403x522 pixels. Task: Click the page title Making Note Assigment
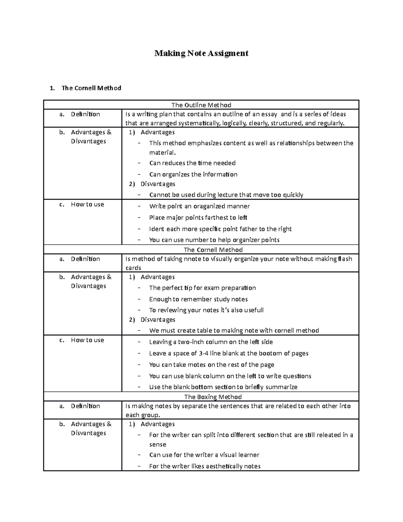point(201,53)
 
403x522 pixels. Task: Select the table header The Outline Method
point(201,105)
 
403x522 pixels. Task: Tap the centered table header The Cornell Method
point(213,250)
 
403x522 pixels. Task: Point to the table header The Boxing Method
point(213,397)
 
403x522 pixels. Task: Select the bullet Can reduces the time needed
point(192,163)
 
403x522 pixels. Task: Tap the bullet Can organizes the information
point(193,174)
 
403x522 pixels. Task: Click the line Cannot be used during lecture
point(226,195)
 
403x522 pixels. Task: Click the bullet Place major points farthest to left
point(198,218)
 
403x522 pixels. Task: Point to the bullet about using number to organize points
point(214,240)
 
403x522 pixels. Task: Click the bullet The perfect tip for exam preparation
point(202,288)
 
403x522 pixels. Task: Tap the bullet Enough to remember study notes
point(198,299)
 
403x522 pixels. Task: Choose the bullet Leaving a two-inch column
point(211,342)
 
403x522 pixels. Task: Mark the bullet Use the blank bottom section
point(223,387)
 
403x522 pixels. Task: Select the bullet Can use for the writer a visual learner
point(204,455)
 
